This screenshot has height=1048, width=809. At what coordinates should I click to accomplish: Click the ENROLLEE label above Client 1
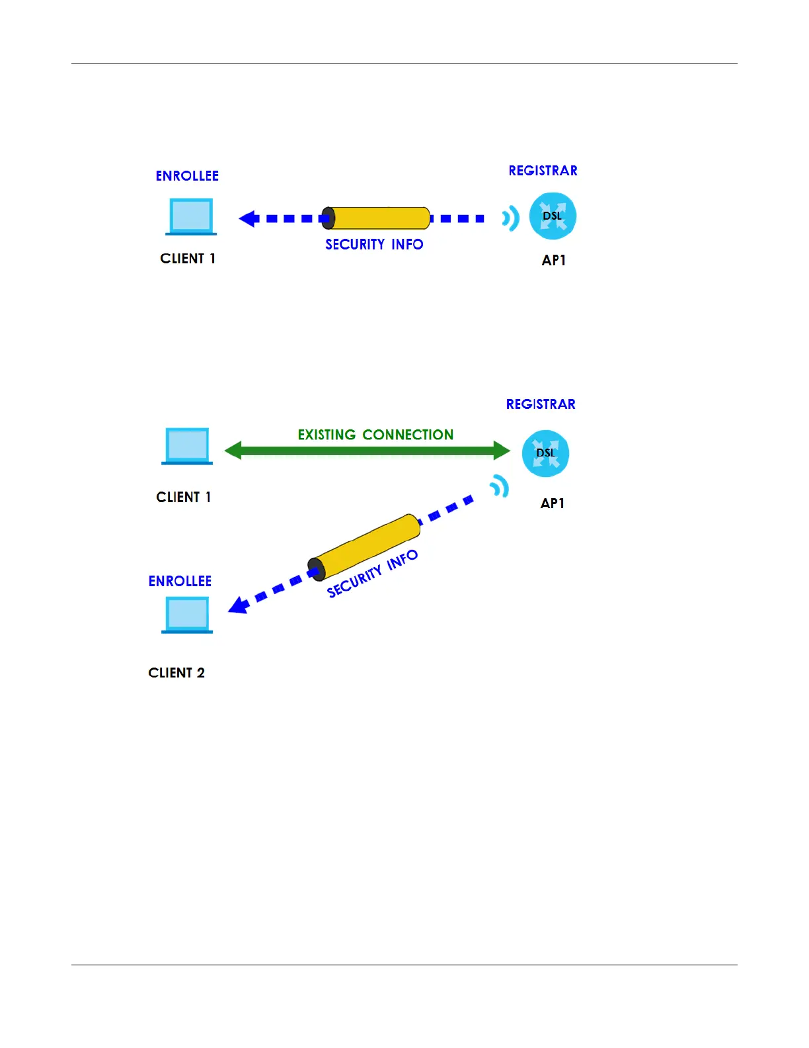click(x=187, y=176)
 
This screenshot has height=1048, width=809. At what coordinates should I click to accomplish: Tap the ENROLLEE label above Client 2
click(x=180, y=582)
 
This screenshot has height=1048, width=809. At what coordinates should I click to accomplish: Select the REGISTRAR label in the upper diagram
click(x=543, y=171)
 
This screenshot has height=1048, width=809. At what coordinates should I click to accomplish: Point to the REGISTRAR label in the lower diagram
click(x=541, y=404)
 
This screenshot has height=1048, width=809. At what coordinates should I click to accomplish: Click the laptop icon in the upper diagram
click(x=191, y=216)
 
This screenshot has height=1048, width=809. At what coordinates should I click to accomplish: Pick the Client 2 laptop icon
click(x=187, y=615)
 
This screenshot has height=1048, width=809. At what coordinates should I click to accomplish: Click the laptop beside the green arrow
click(x=187, y=446)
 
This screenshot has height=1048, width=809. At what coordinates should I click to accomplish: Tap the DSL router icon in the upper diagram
click(x=553, y=216)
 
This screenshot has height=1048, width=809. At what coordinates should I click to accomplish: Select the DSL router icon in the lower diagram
click(x=545, y=453)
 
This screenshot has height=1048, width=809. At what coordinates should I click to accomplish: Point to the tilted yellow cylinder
click(x=364, y=547)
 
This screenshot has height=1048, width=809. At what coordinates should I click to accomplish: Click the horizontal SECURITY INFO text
click(x=374, y=245)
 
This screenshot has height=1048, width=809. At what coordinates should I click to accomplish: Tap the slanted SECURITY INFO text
click(x=373, y=574)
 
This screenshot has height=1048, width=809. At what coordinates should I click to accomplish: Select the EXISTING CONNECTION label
click(x=375, y=435)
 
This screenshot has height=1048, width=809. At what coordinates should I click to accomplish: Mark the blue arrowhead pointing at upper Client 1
click(x=249, y=218)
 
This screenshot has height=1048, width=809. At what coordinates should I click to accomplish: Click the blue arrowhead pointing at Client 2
click(x=239, y=605)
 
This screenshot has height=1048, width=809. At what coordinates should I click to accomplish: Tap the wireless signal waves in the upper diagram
click(x=510, y=218)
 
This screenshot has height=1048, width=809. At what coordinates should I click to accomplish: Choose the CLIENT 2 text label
click(x=176, y=673)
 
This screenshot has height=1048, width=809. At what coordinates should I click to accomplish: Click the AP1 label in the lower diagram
click(x=553, y=503)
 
